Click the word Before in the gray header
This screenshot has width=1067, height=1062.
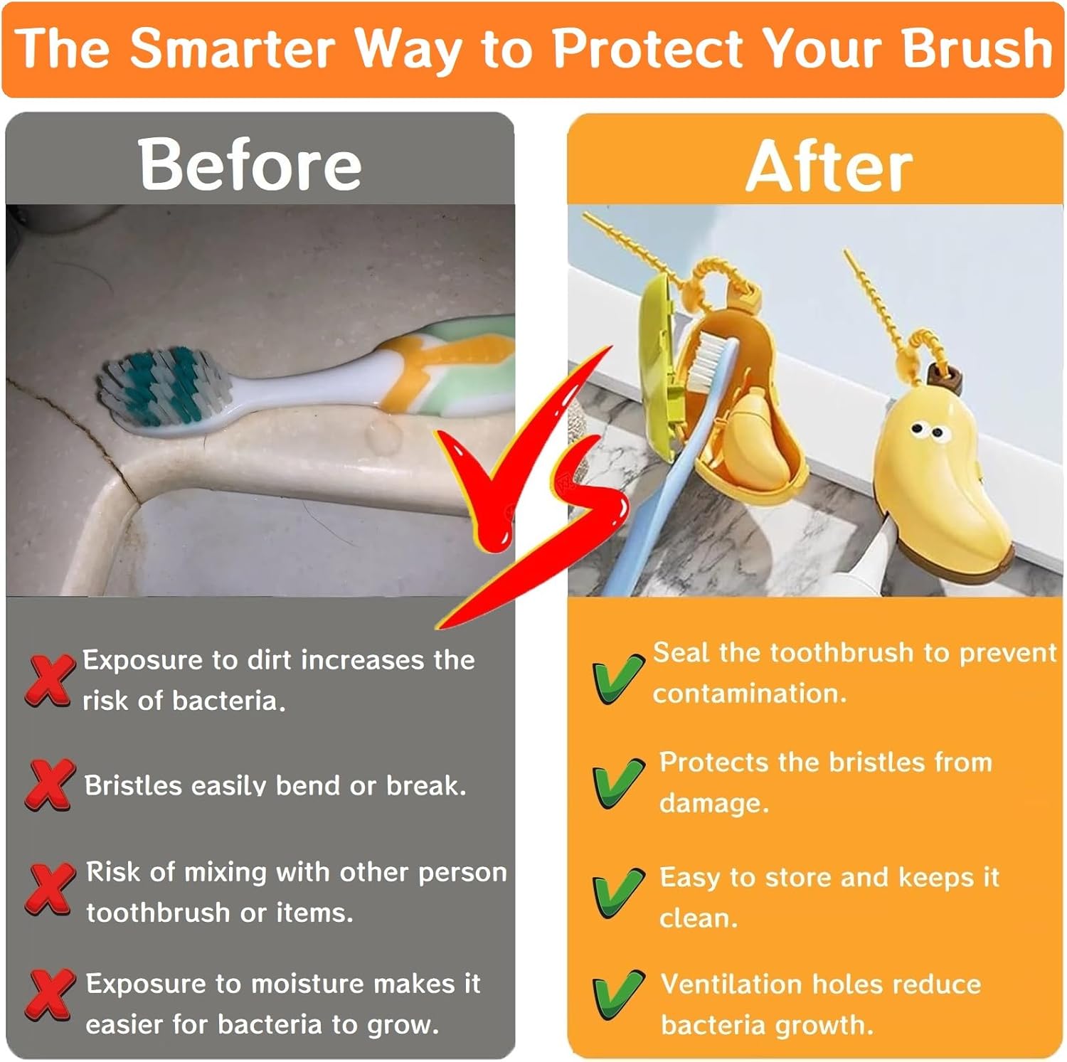click(x=250, y=164)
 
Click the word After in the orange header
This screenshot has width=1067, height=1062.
click(x=829, y=167)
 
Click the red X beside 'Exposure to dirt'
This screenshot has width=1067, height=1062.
click(x=49, y=680)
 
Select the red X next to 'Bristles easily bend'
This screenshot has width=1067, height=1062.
click(x=49, y=785)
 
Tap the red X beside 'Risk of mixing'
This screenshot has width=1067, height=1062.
click(x=49, y=888)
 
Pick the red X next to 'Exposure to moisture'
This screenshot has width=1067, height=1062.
click(x=49, y=994)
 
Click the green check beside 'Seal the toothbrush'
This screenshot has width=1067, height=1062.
click(x=617, y=679)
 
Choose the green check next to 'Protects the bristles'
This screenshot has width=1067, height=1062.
click(x=617, y=782)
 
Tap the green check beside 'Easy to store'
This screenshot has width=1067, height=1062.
click(x=617, y=892)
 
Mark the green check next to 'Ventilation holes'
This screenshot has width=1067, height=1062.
click(x=617, y=996)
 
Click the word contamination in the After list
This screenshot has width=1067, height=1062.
click(x=750, y=693)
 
